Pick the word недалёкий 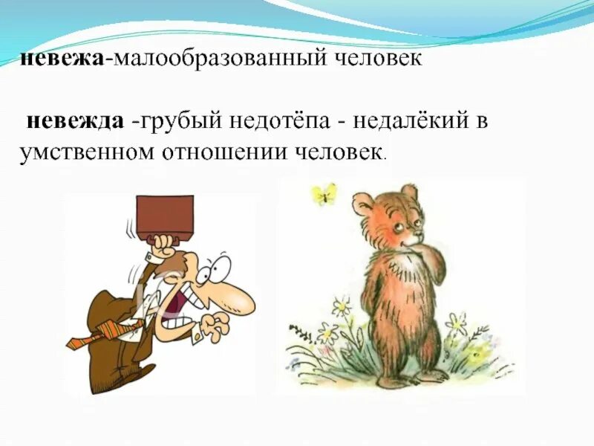click(x=407, y=120)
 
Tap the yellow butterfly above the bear click(x=324, y=195)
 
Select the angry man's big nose click(x=238, y=300)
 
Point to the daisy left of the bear click(x=342, y=306)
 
